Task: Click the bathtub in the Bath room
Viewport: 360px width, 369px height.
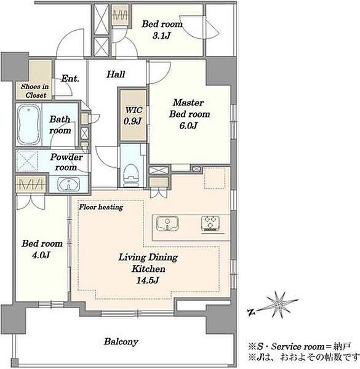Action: click(29, 124)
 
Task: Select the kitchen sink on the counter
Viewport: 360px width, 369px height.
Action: click(167, 224)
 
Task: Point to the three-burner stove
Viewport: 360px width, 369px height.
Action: click(210, 224)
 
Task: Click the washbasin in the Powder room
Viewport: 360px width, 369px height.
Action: click(69, 184)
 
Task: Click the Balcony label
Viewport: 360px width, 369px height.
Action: click(121, 342)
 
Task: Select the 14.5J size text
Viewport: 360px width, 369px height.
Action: click(148, 280)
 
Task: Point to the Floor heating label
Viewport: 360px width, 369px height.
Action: click(101, 207)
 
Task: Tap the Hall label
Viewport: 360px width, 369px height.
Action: click(116, 74)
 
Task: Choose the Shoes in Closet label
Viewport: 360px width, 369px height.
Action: click(35, 91)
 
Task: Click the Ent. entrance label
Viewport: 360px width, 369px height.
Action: click(70, 78)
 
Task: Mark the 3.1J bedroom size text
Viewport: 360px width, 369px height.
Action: click(161, 36)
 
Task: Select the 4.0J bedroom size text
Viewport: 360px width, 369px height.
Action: click(41, 255)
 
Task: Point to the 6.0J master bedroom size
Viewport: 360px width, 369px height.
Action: click(188, 125)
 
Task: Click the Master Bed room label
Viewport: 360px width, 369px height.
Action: click(190, 108)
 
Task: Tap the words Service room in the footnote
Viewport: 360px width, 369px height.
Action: click(298, 347)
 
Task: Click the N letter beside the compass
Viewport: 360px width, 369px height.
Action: click(252, 312)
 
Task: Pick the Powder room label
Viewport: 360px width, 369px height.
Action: click(66, 162)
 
